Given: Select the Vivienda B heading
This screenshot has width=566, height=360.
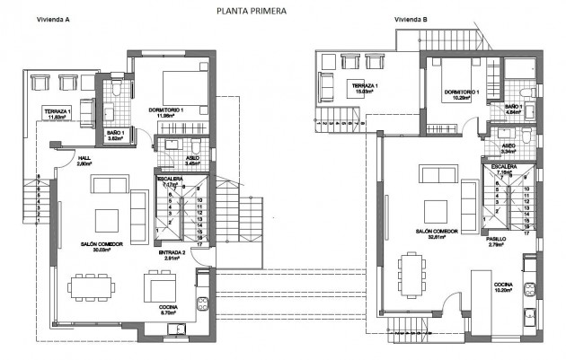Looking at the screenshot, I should (411, 19).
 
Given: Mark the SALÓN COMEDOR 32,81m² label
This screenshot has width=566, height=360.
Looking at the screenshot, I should (438, 233).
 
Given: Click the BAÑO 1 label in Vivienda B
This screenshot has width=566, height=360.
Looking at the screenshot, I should (513, 108).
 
